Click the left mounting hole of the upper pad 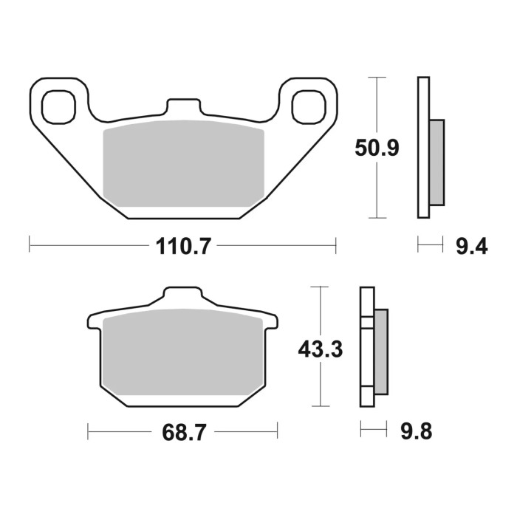[x=60, y=106]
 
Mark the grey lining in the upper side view [x=436, y=162]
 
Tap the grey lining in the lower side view [x=381, y=352]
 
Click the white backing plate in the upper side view [x=423, y=148]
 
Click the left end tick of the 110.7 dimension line [x=30, y=245]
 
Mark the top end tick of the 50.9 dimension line [x=377, y=77]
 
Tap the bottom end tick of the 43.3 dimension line [x=319, y=406]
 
